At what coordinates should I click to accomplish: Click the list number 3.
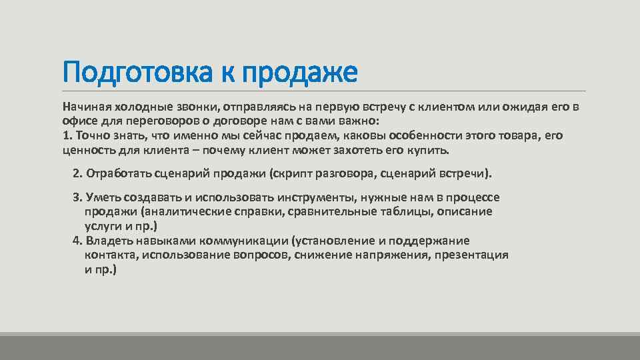click(76, 197)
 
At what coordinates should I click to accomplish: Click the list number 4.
click(76, 241)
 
